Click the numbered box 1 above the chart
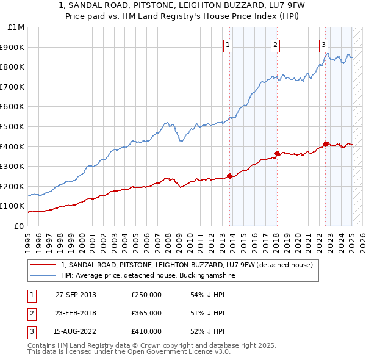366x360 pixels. pyautogui.click(x=228, y=44)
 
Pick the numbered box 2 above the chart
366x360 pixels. pyautogui.click(x=275, y=44)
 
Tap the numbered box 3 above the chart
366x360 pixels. pyautogui.click(x=323, y=44)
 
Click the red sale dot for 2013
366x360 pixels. pyautogui.click(x=230, y=176)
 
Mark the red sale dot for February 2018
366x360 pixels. pyautogui.click(x=277, y=153)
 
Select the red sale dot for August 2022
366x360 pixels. pyautogui.click(x=326, y=144)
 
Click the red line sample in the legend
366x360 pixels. pyautogui.click(x=43, y=265)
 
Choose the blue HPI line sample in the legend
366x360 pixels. pyautogui.click(x=43, y=275)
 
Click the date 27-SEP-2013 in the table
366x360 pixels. pyautogui.click(x=76, y=295)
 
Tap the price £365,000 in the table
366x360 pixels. pyautogui.click(x=146, y=313)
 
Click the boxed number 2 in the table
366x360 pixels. pyautogui.click(x=32, y=313)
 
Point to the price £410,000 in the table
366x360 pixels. pyautogui.click(x=146, y=331)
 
